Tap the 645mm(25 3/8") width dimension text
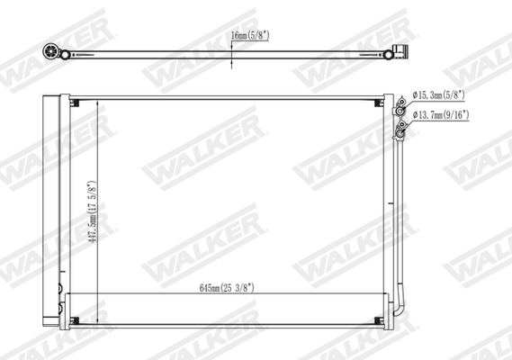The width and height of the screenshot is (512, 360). pos(226,289)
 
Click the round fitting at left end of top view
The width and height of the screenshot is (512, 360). pos(49,51)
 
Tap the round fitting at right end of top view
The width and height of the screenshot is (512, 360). pos(390,53)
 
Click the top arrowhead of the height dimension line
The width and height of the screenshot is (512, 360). pos(93,103)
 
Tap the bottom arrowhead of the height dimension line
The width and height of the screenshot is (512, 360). pos(93,319)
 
